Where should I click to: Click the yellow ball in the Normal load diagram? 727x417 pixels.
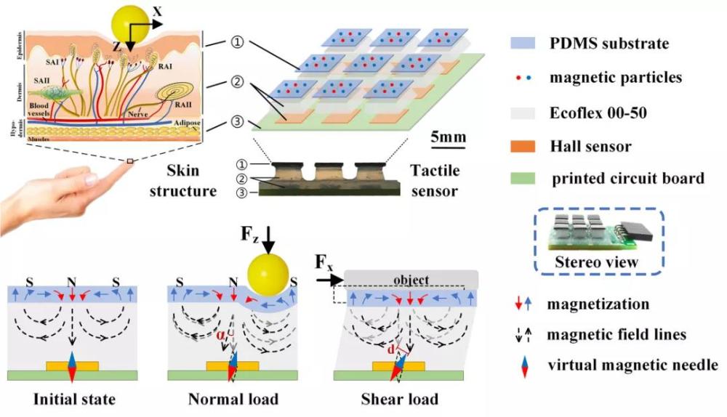267,278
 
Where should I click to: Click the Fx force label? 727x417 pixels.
325,259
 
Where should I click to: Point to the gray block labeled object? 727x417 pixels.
411,279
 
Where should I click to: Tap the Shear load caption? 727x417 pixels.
399,400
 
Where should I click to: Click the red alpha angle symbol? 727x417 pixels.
222,335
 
